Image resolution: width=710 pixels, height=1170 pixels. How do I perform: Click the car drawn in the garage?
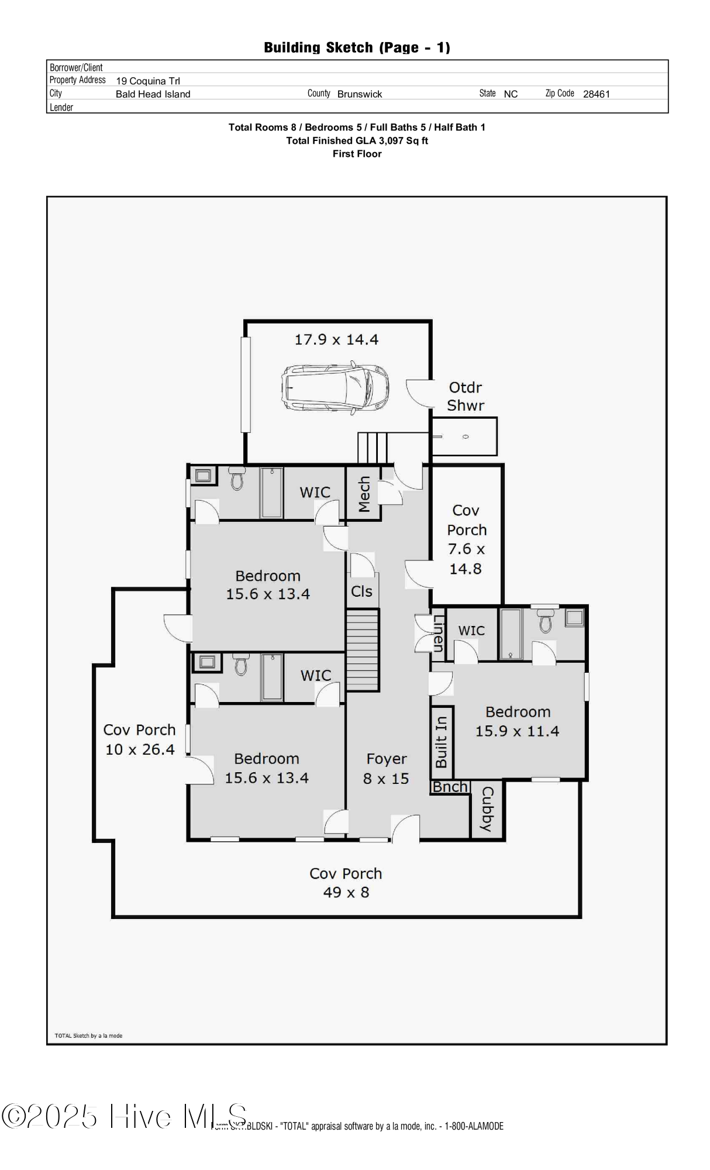click(x=335, y=388)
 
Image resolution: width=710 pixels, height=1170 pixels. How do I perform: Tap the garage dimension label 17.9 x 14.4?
click(x=336, y=339)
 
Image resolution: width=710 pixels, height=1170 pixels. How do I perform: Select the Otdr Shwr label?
click(x=466, y=396)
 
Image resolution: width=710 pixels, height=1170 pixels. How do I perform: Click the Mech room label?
click(x=364, y=494)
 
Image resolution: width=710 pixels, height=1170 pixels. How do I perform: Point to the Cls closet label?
click(x=361, y=591)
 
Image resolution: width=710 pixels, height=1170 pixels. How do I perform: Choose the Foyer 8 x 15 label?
click(x=386, y=769)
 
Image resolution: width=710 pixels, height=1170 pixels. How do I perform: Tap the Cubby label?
click(x=487, y=809)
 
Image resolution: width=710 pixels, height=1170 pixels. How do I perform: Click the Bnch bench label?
click(x=450, y=787)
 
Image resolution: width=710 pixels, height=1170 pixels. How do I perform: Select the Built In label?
click(x=442, y=742)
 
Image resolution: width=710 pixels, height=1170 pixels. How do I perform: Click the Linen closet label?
click(x=438, y=634)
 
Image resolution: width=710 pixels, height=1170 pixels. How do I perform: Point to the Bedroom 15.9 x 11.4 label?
click(x=518, y=721)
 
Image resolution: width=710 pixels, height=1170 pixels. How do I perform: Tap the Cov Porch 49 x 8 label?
click(x=346, y=882)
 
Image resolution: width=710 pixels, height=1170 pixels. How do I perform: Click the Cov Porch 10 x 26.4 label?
click(x=140, y=739)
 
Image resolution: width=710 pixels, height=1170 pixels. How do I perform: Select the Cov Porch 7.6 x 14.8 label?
click(x=466, y=539)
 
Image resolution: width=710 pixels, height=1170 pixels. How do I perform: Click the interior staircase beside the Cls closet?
click(x=363, y=649)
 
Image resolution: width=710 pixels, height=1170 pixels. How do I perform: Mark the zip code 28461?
click(x=596, y=94)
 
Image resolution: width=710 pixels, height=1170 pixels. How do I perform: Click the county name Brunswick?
click(x=360, y=94)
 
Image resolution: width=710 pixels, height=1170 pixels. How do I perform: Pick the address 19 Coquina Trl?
click(x=148, y=81)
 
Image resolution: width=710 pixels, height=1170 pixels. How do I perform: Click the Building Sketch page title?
click(x=357, y=47)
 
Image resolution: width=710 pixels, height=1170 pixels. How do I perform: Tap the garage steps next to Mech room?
click(x=373, y=448)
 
